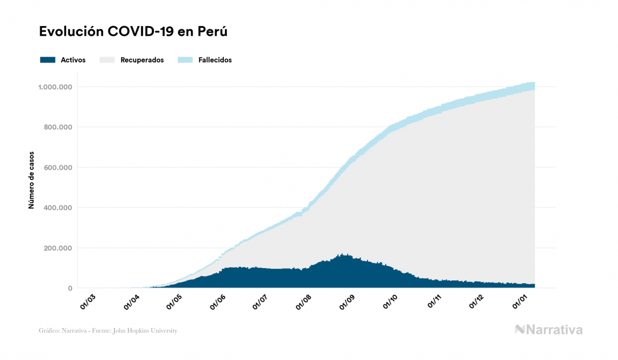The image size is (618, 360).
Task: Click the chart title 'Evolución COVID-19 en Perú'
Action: point(134,32)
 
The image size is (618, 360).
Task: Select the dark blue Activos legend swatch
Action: point(48,60)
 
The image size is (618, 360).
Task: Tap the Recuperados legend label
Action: point(142,60)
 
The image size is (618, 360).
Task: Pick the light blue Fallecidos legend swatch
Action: point(185,60)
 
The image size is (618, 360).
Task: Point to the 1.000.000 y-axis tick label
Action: point(56,87)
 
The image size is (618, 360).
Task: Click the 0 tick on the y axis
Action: point(70,288)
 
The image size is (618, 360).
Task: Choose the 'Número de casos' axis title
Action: point(32,179)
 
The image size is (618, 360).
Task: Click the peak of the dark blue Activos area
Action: point(342,255)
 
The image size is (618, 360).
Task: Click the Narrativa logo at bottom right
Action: point(549,330)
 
